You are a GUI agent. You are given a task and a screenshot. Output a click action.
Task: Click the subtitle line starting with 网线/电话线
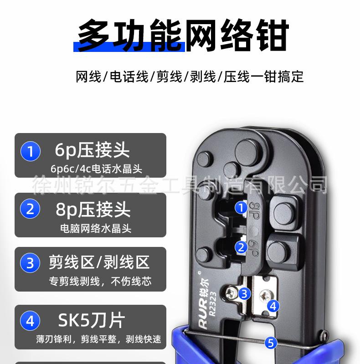pyautogui.click(x=190, y=76)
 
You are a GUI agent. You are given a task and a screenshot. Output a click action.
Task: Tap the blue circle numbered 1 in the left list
pyautogui.click(x=31, y=151)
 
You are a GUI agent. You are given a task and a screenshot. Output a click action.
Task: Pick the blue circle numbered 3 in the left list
pyautogui.click(x=31, y=263)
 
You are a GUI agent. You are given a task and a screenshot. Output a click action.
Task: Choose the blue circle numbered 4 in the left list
pyautogui.click(x=31, y=321)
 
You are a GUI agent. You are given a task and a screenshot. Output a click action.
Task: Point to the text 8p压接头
pyautogui.click(x=93, y=210)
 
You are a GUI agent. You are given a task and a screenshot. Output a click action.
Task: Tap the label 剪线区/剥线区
pyautogui.click(x=99, y=262)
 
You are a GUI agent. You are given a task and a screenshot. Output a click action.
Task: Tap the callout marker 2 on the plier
pyautogui.click(x=241, y=247)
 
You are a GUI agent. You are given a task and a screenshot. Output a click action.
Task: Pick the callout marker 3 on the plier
pyautogui.click(x=245, y=293)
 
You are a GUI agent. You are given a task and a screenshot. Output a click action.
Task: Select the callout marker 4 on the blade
pyautogui.click(x=272, y=306)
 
